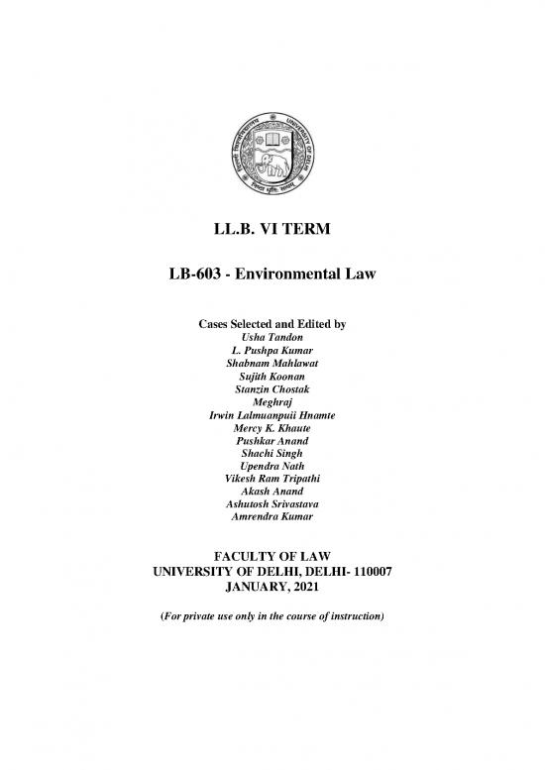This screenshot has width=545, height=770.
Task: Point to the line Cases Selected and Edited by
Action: (272, 325)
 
